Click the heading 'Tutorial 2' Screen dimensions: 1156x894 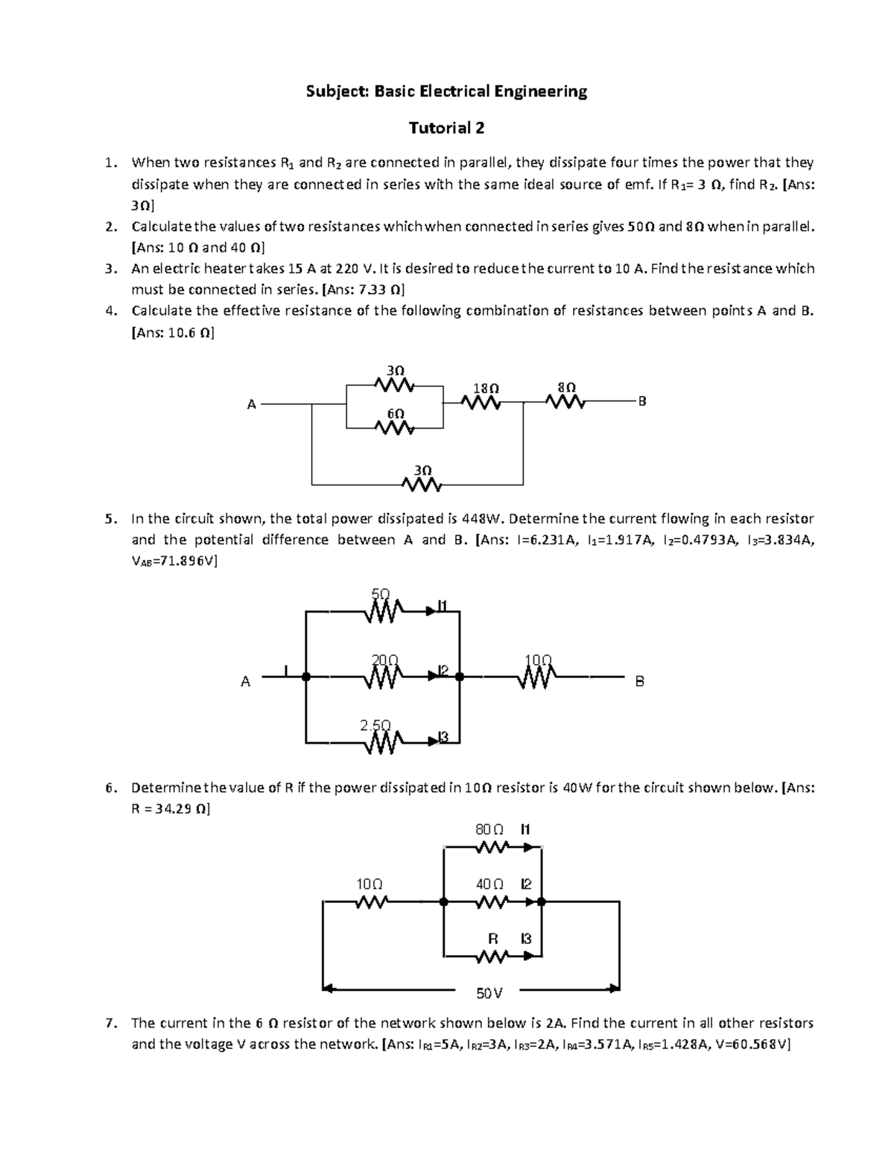[447, 128]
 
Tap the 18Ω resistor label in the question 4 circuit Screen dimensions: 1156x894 [486, 389]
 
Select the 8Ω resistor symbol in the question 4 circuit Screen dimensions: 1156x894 [565, 403]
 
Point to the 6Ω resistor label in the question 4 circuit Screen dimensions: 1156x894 [396, 413]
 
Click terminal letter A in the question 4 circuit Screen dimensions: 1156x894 [252, 404]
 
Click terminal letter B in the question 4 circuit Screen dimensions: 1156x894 [642, 402]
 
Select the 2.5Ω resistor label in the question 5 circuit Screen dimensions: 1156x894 [375, 725]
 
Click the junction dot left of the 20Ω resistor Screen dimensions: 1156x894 [305, 677]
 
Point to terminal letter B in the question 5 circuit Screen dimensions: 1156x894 [639, 681]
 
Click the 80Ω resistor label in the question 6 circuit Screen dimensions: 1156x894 [489, 829]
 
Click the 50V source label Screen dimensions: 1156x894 [489, 993]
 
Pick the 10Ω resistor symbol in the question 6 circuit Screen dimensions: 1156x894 [370, 902]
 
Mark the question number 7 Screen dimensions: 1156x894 [110, 1023]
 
